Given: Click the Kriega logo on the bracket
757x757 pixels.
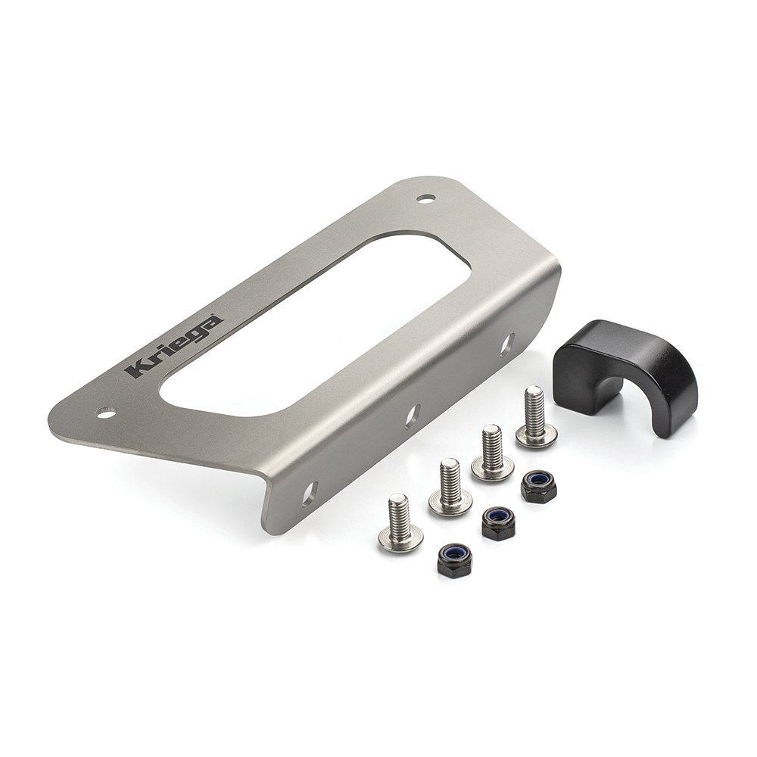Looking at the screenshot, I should click(x=173, y=346).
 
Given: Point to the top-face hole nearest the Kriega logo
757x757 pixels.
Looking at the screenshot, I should click(x=105, y=413).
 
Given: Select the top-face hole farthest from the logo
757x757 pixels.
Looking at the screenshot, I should click(x=426, y=199).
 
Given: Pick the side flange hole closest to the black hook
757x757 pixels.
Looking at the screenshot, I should click(x=506, y=344).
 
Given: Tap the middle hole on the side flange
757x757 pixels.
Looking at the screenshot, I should click(x=413, y=416).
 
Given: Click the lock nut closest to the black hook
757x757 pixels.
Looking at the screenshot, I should click(x=538, y=486).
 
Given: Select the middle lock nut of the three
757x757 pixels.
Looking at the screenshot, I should click(x=497, y=522).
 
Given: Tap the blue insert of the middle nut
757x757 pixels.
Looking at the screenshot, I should click(x=497, y=517).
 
